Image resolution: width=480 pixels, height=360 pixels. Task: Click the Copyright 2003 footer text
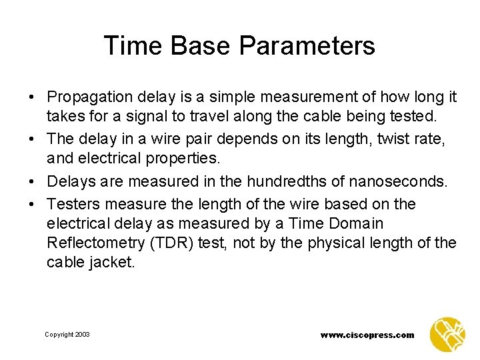pos(67,335)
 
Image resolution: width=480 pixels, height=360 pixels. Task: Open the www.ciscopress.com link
pos(367,335)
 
